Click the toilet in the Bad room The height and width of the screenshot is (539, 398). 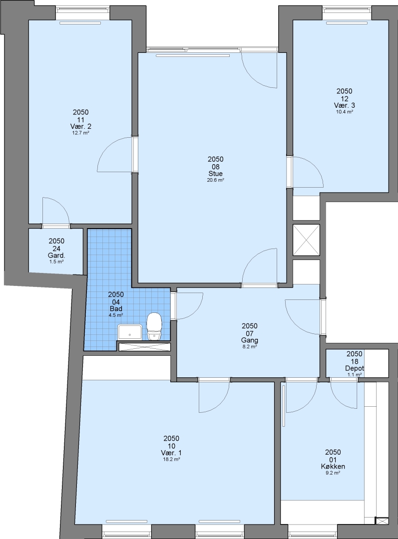point(154,326)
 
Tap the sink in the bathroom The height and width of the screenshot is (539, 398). point(130,332)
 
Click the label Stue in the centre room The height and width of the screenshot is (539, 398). point(215,174)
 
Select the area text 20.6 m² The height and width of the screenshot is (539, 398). point(215,180)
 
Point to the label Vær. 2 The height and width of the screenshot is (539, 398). point(80,126)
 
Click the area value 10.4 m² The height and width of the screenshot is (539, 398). point(345,112)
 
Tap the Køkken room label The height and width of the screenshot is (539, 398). point(333,467)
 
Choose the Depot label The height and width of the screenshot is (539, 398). point(355,368)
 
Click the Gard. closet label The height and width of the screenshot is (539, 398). point(56,256)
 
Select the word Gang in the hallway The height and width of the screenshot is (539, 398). point(250,340)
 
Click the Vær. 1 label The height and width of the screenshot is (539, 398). point(171,453)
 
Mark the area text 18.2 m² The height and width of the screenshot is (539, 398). point(171,459)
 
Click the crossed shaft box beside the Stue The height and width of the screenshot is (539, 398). point(306,240)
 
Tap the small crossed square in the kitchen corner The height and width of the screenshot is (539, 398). point(381,521)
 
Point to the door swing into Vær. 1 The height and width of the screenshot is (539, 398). point(220,402)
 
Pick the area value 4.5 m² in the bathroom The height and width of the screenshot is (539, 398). point(116,315)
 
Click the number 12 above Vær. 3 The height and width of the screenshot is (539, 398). point(345,99)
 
